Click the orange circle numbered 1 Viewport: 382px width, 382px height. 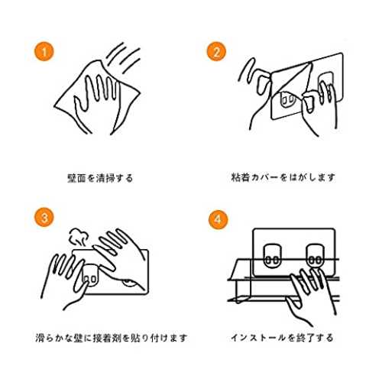(x=44, y=51)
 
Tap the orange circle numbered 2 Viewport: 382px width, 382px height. (x=216, y=51)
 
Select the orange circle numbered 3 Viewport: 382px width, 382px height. (x=44, y=218)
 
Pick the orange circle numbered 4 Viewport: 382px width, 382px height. (x=218, y=219)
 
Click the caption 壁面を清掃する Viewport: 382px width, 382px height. (x=100, y=178)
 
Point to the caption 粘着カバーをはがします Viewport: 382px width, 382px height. (x=283, y=177)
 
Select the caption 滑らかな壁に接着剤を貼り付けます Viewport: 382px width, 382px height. (x=112, y=338)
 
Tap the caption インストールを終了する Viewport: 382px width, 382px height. (x=282, y=338)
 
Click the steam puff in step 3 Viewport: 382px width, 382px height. (x=79, y=238)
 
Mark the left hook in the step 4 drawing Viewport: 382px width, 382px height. (x=272, y=256)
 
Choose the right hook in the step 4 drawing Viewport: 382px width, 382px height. (x=315, y=256)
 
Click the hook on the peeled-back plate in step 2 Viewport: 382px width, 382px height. (x=288, y=99)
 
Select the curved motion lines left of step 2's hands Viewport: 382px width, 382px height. (x=246, y=70)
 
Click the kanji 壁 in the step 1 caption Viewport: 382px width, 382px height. (x=72, y=178)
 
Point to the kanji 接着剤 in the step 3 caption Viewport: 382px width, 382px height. (x=107, y=338)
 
